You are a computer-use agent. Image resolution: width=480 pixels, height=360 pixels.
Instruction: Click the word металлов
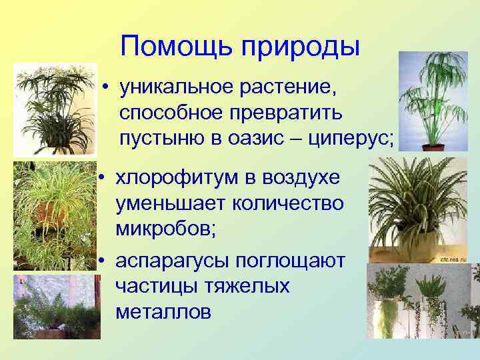[163, 311]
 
